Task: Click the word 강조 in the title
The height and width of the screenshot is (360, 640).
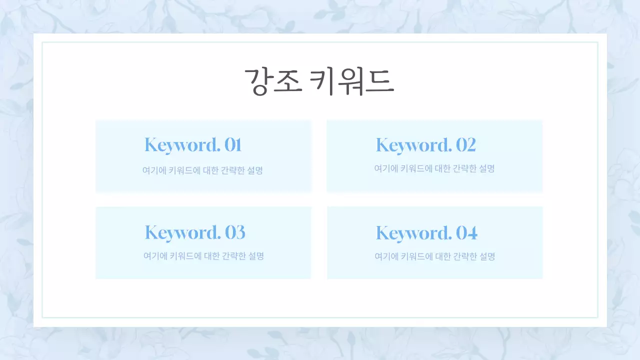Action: pyautogui.click(x=272, y=81)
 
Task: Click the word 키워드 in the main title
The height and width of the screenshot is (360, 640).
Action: pyautogui.click(x=352, y=81)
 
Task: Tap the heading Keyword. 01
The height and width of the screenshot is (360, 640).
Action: pyautogui.click(x=193, y=145)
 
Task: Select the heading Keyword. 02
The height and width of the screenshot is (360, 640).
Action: pyautogui.click(x=425, y=145)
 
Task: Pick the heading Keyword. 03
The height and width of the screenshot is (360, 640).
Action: pyautogui.click(x=195, y=232)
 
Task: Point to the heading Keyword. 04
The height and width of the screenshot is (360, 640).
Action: pyautogui.click(x=426, y=233)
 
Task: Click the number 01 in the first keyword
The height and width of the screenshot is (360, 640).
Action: pyautogui.click(x=233, y=145)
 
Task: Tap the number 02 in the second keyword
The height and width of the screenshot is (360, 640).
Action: pyautogui.click(x=465, y=145)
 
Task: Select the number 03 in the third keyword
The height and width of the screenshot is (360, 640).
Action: pyautogui.click(x=235, y=232)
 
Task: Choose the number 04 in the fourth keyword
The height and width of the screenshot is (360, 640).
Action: pyautogui.click(x=466, y=233)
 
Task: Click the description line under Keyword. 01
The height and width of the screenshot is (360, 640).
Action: pyautogui.click(x=202, y=170)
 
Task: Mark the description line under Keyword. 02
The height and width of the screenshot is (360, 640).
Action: pyautogui.click(x=434, y=169)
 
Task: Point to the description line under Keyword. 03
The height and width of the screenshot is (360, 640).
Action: pyautogui.click(x=203, y=256)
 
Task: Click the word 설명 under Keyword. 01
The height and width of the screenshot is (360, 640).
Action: pyautogui.click(x=255, y=170)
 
